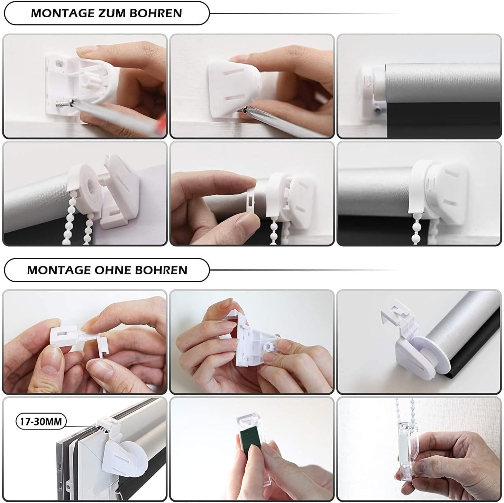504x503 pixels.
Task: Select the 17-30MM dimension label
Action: [41, 422]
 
